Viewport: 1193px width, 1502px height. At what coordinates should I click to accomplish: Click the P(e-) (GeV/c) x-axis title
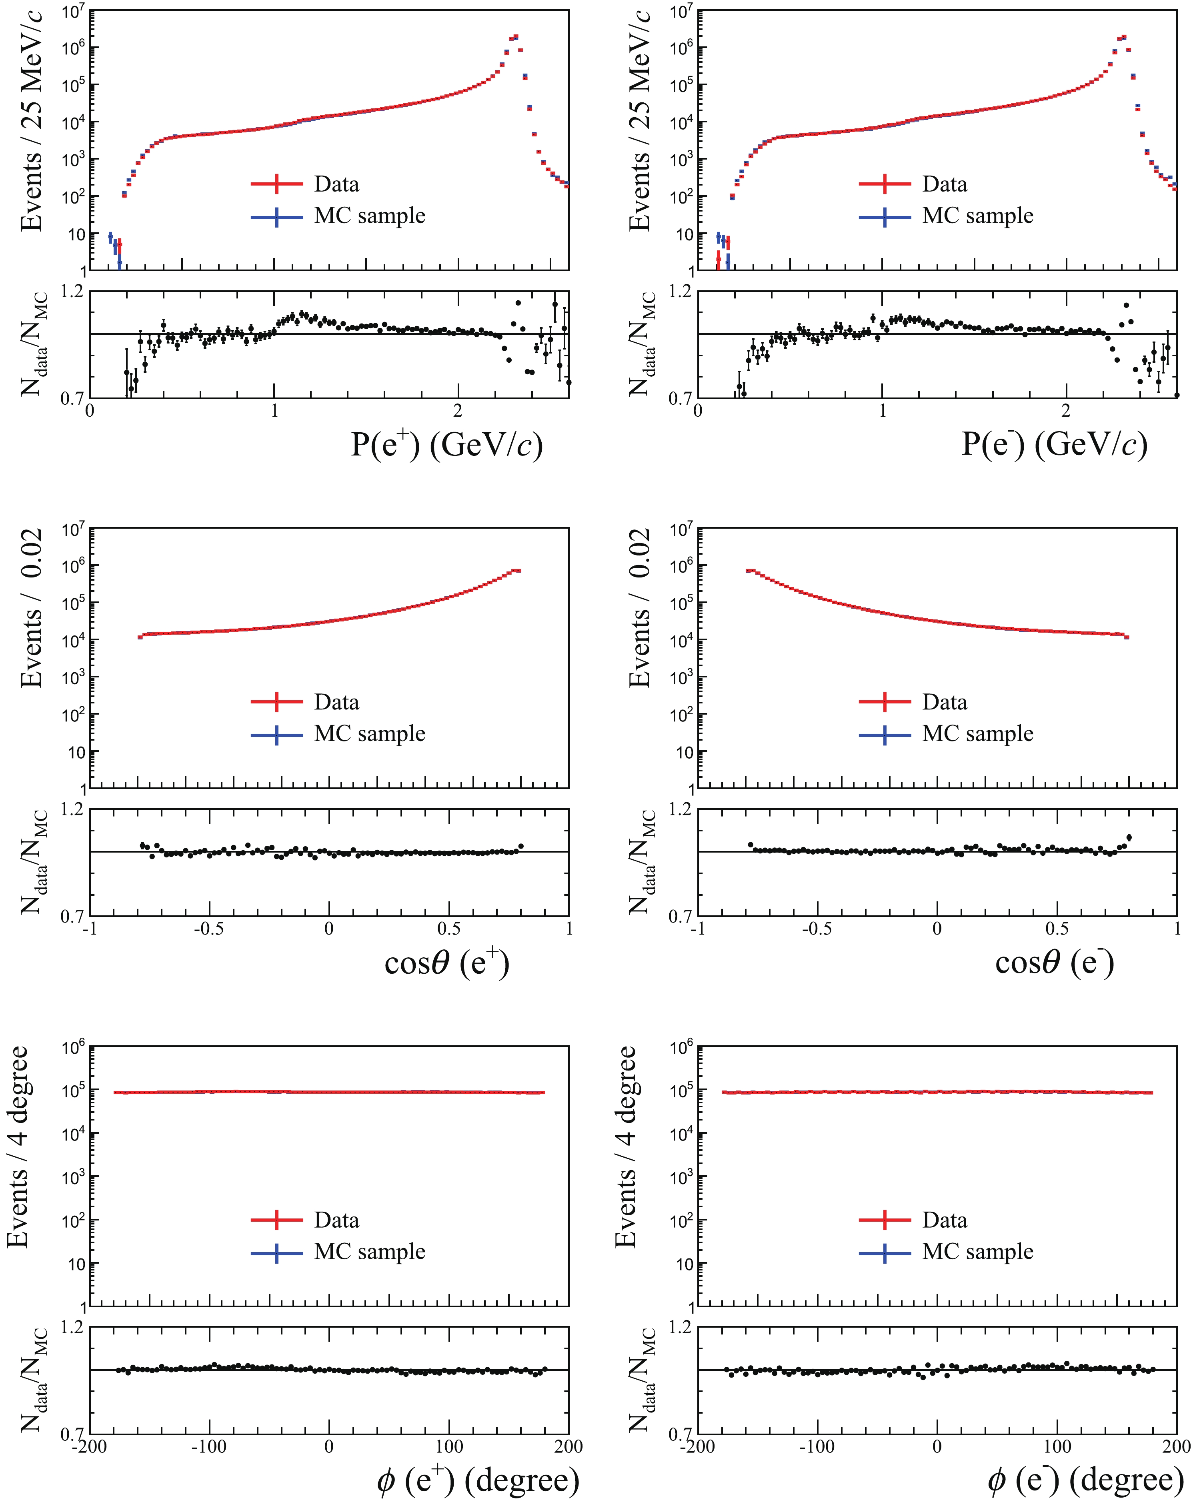point(1054,444)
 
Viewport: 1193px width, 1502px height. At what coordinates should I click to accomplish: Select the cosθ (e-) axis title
point(1054,963)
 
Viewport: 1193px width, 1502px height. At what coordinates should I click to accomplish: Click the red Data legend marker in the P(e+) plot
point(277,184)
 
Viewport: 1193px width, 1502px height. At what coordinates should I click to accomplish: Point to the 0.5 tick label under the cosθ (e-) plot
point(1057,929)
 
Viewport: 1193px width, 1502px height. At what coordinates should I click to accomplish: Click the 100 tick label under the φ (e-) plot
point(1057,1446)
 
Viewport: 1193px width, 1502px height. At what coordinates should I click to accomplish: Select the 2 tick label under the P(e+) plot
point(457,411)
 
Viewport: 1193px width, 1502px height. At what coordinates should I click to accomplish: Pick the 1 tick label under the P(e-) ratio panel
point(882,411)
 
